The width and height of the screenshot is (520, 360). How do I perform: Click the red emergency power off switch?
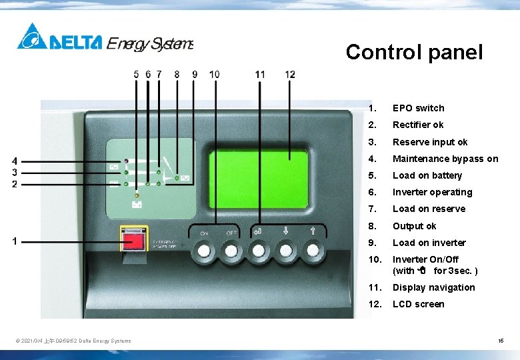134,238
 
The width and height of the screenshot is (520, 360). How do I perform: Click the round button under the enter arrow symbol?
258,251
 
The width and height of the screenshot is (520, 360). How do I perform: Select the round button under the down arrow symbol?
285,251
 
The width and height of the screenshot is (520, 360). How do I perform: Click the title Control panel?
414,52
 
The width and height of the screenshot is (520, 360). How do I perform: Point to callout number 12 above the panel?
290,75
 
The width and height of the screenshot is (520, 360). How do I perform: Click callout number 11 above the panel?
260,75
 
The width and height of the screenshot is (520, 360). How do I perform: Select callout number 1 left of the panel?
15,241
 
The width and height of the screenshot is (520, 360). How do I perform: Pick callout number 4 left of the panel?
15,161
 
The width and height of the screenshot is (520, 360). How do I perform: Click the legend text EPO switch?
418,108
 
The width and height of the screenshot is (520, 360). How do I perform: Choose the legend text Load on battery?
427,175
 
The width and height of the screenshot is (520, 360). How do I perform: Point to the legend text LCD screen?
418,304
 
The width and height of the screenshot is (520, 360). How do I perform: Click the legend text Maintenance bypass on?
445,159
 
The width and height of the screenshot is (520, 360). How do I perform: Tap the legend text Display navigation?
433,287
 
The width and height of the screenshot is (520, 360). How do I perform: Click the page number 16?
501,341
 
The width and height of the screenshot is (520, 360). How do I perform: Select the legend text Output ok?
414,226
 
